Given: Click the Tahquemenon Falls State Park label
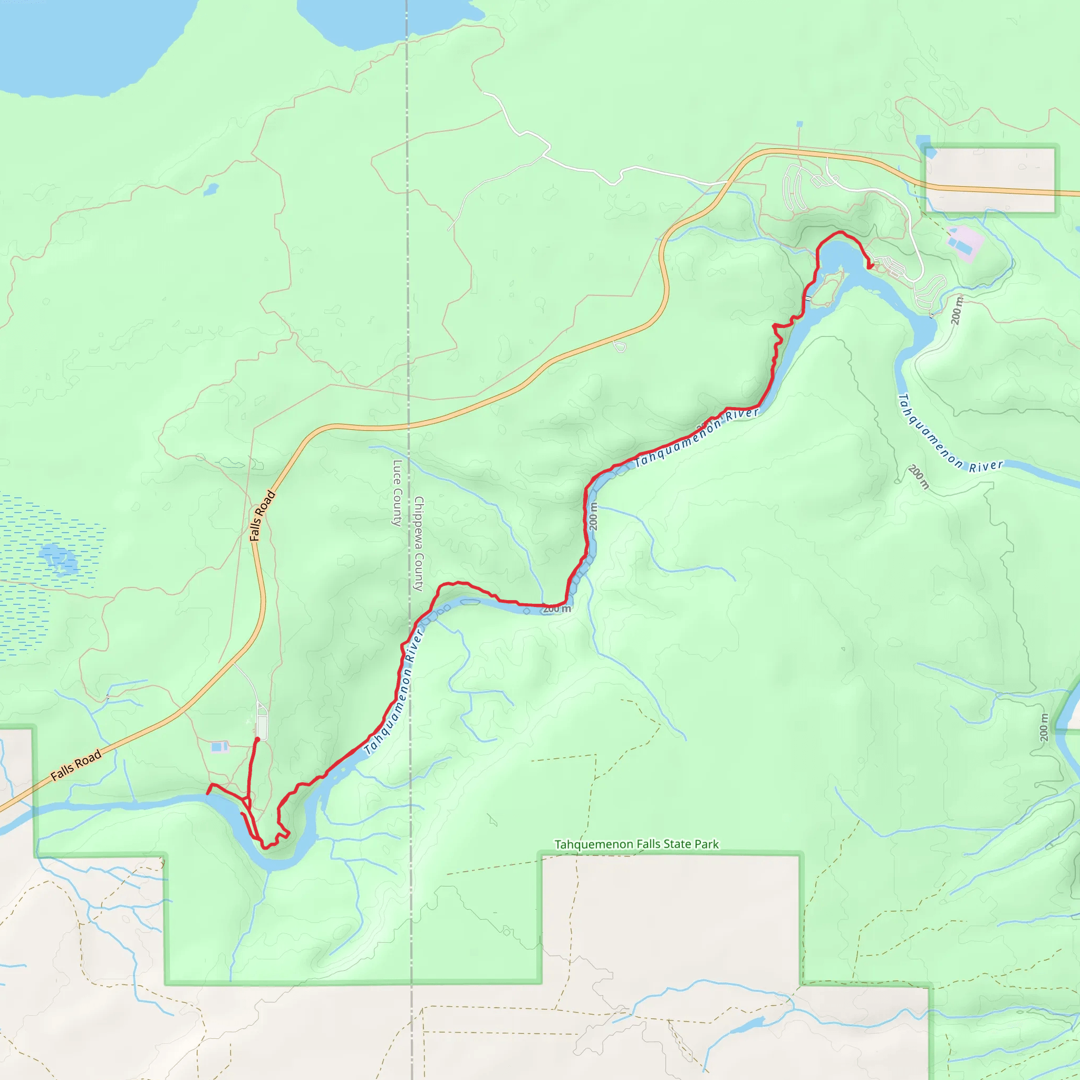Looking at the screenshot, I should (636, 844).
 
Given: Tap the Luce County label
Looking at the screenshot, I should (397, 493).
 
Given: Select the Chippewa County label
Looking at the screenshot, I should (419, 543).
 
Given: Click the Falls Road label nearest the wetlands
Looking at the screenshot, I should (262, 515).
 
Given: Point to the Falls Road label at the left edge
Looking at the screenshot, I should (76, 765).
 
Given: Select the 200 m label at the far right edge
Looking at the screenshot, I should (1044, 727).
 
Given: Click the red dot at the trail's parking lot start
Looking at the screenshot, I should (257, 739).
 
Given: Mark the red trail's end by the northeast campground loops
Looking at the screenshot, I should (870, 267).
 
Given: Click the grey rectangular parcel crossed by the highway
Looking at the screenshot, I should (990, 179).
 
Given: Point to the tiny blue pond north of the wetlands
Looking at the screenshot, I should (211, 189).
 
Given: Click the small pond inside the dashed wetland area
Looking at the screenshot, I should (58, 558).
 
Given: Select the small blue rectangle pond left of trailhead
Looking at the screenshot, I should (219, 747).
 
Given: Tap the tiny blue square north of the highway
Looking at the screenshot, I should (799, 124).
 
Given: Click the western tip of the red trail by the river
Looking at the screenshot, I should (208, 793).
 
